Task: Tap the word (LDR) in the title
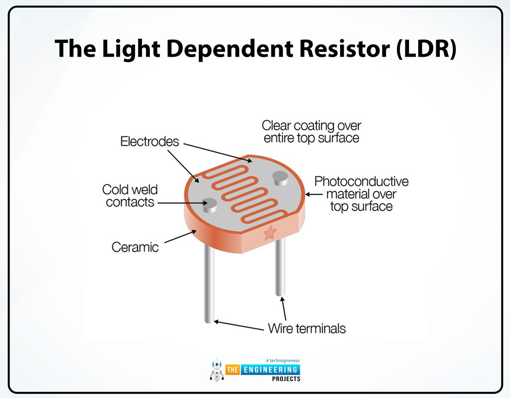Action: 426,49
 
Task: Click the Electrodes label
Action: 149,141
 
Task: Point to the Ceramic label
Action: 135,247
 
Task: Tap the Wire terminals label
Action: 307,328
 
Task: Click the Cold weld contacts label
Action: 130,196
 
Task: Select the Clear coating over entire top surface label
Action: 312,131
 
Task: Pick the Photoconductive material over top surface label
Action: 362,194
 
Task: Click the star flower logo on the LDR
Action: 270,233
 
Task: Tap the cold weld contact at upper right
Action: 280,178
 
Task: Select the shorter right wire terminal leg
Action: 280,267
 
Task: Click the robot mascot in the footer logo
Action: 217,370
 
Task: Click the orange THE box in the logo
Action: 233,370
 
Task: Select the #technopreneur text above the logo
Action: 283,361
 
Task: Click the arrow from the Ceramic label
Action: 180,236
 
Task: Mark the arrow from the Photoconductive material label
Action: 314,195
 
